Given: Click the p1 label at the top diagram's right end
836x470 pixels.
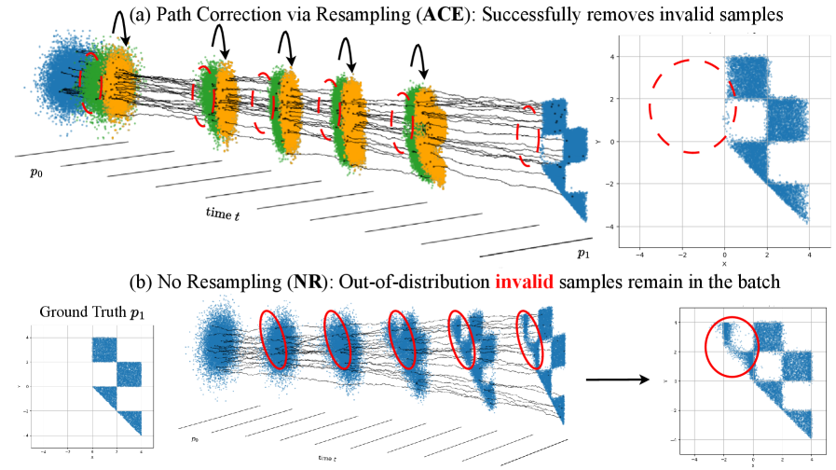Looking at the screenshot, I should (582, 254).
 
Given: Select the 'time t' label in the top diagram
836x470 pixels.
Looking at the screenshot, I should (223, 214).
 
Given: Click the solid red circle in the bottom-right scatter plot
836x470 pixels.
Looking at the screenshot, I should (732, 347).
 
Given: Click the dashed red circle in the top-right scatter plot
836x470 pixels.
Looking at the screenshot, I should (692, 105).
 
